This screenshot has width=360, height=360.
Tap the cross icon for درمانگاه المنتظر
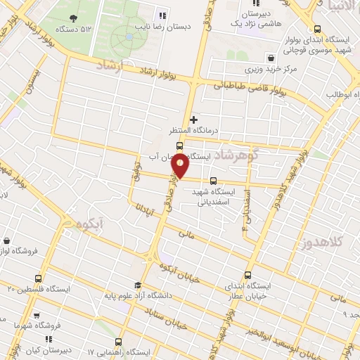click(194, 120)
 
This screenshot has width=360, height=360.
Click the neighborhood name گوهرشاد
click(239, 154)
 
